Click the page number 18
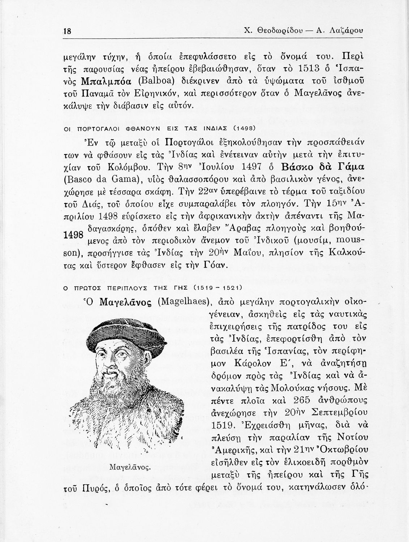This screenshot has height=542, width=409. coord(67,31)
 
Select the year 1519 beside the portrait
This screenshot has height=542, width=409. coord(220,423)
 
